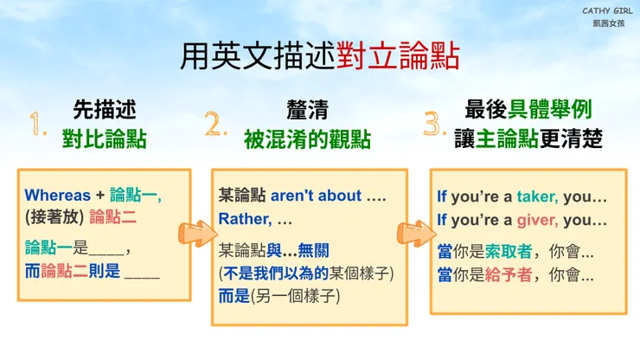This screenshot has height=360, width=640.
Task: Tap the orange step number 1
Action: click(x=37, y=126)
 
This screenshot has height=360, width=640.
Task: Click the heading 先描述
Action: click(x=104, y=111)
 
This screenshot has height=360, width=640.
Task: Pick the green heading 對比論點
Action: click(x=104, y=138)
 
